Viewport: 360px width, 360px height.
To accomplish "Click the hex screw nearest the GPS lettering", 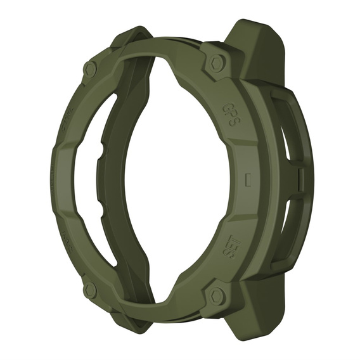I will [217, 62].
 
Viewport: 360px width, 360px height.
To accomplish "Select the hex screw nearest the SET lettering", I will [217, 295].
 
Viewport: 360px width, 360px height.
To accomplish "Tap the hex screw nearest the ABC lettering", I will [91, 290].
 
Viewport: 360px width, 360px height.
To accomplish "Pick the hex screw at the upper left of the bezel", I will [90, 68].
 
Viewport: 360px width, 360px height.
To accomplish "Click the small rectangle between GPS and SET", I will [248, 178].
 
